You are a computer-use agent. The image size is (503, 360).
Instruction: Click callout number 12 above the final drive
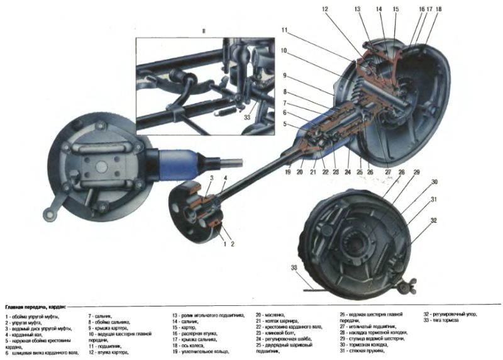click(x=325, y=9)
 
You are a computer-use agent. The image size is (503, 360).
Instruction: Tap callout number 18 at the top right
click(x=438, y=9)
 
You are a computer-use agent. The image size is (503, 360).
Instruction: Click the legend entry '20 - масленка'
click(x=270, y=314)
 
